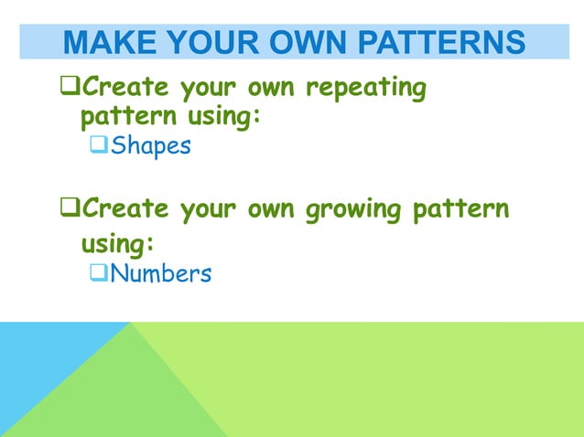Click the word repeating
tap(365, 90)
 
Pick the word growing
tap(353, 209)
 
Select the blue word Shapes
tap(151, 146)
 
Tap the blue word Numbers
tap(161, 273)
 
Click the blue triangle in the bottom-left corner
tap(37, 366)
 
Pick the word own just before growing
tap(269, 209)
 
